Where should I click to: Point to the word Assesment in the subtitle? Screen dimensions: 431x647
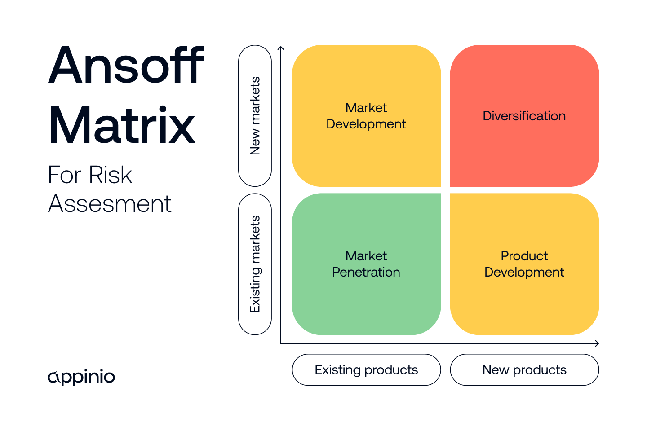[110, 204]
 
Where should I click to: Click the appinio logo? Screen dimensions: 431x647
[81, 377]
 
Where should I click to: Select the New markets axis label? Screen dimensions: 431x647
[255, 116]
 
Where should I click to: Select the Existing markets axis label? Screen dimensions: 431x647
[255, 264]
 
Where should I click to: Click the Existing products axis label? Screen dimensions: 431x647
[366, 370]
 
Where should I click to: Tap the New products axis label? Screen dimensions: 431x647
[524, 370]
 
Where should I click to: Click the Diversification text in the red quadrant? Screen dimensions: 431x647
[524, 116]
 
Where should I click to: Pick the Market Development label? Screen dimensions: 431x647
[366, 116]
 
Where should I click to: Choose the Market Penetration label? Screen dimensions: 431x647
[366, 264]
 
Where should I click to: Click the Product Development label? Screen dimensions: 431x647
[524, 264]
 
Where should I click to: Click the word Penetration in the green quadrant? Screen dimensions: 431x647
[366, 272]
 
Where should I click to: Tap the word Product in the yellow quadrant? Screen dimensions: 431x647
[524, 256]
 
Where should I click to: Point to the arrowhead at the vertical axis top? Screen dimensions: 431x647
[281, 48]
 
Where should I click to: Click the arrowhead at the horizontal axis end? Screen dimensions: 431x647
[597, 343]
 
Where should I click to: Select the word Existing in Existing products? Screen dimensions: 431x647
[337, 370]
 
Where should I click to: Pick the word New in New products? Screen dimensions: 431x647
[496, 370]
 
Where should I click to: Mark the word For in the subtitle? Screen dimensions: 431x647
[65, 175]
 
